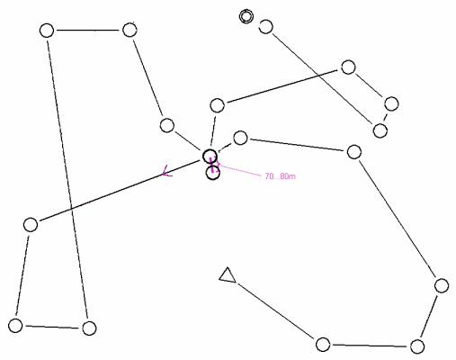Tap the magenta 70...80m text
pyautogui.click(x=280, y=176)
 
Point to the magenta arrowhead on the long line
pyautogui.click(x=165, y=171)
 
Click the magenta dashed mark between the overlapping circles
pyautogui.click(x=212, y=166)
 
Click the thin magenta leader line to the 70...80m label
pyautogui.click(x=240, y=169)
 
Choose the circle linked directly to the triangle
pyautogui.click(x=323, y=344)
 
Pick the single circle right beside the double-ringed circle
pyautogui.click(x=265, y=27)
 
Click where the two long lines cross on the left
pyautogui.click(x=71, y=208)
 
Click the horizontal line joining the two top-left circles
pyautogui.click(x=88, y=31)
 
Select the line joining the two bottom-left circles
pyautogui.click(x=52, y=327)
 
